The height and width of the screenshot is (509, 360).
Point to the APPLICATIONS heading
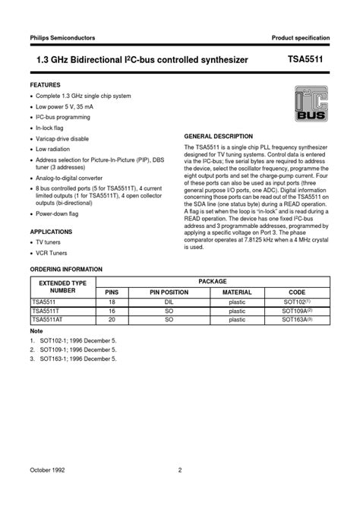[51, 230]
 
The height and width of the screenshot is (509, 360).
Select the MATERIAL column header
[237, 292]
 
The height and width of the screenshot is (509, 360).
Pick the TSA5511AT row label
[49, 321]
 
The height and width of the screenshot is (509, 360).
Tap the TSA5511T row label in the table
[47, 311]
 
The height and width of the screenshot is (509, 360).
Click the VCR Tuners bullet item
[53, 253]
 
